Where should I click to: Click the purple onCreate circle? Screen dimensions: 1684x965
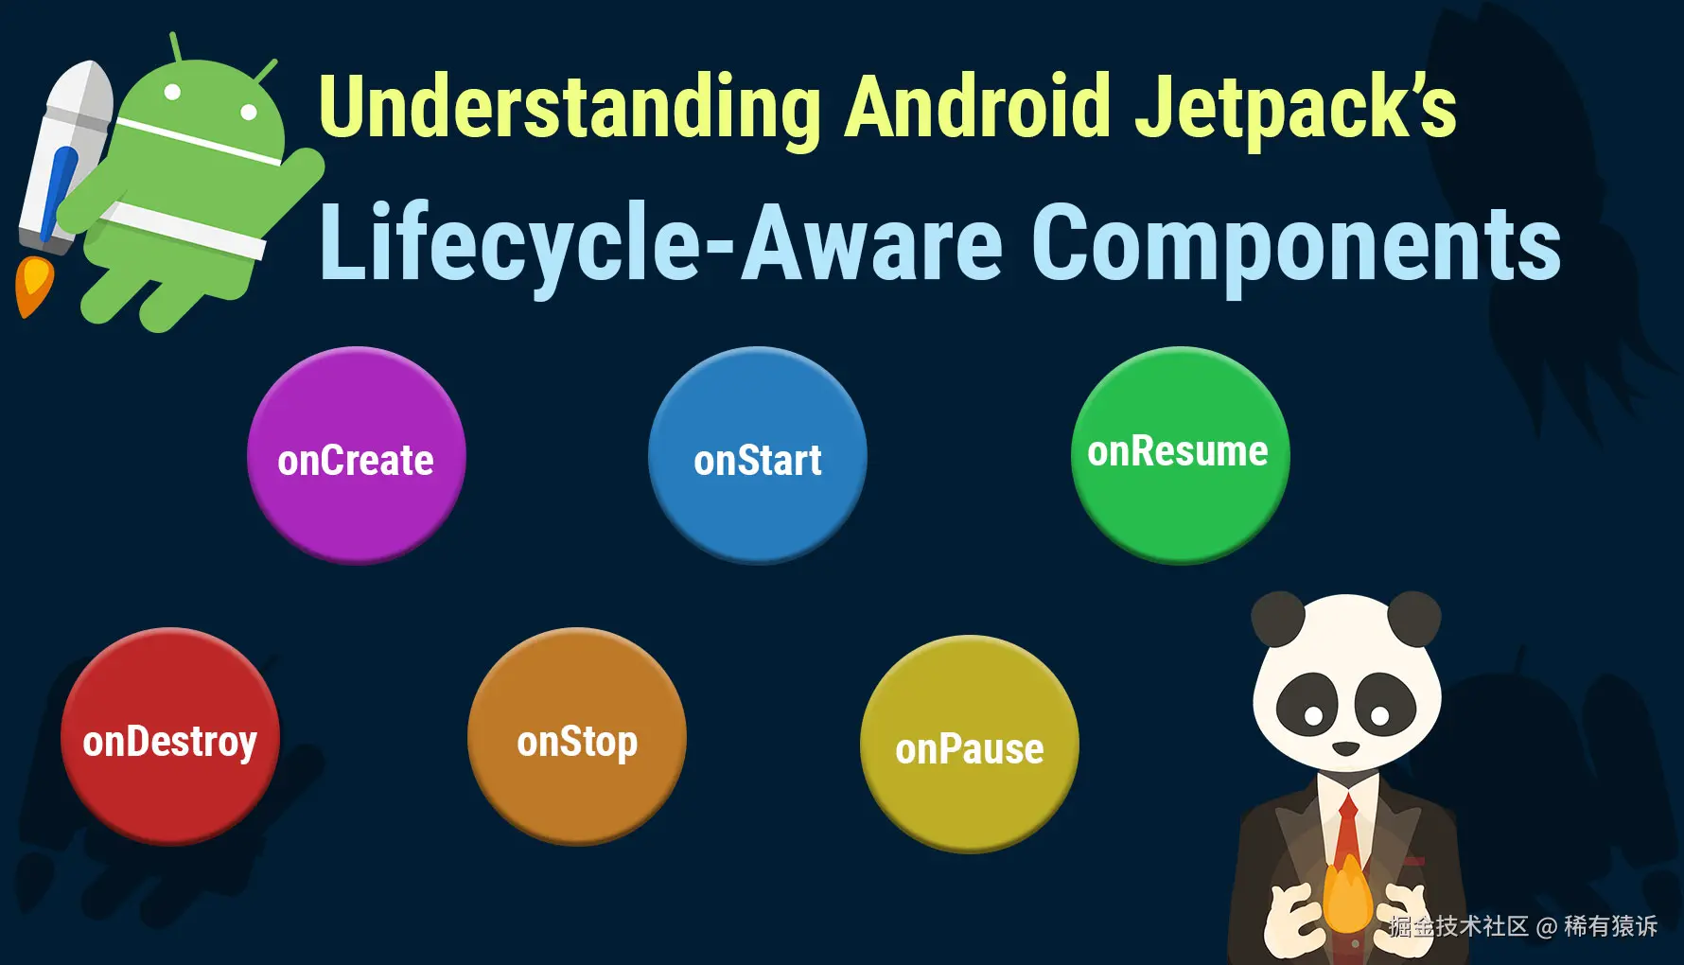[357, 456]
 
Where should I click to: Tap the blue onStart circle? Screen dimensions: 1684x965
[758, 456]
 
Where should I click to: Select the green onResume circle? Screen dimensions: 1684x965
[1181, 456]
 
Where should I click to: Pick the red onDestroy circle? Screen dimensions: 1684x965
[170, 736]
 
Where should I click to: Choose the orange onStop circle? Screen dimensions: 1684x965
[577, 736]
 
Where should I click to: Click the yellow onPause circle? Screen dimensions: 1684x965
[970, 744]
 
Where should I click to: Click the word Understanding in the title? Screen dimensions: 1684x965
[570, 109]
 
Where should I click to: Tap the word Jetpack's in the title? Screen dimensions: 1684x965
[1295, 109]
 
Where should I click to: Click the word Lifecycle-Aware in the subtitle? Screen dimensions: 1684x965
[661, 244]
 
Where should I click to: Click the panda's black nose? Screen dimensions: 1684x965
[1345, 748]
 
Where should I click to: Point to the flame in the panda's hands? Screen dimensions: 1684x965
[1347, 894]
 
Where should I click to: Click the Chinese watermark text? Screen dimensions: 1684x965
[1523, 926]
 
